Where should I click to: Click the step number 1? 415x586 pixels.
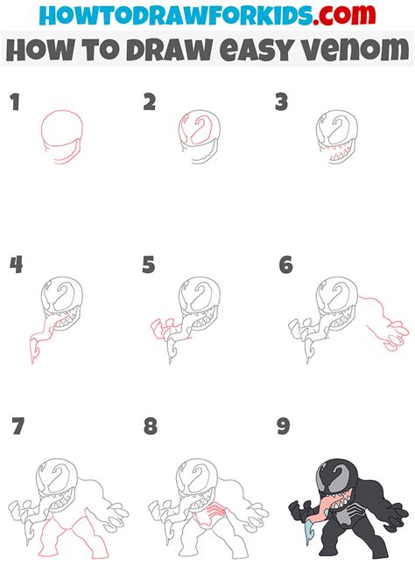(15, 104)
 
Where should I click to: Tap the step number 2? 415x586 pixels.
(150, 104)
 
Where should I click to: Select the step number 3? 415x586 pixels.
(281, 104)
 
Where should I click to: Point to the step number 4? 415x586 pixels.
(16, 265)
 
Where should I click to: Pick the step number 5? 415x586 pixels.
(150, 265)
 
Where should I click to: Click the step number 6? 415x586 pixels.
(285, 265)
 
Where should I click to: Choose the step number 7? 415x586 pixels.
(17, 428)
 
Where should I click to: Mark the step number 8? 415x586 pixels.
(151, 428)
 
